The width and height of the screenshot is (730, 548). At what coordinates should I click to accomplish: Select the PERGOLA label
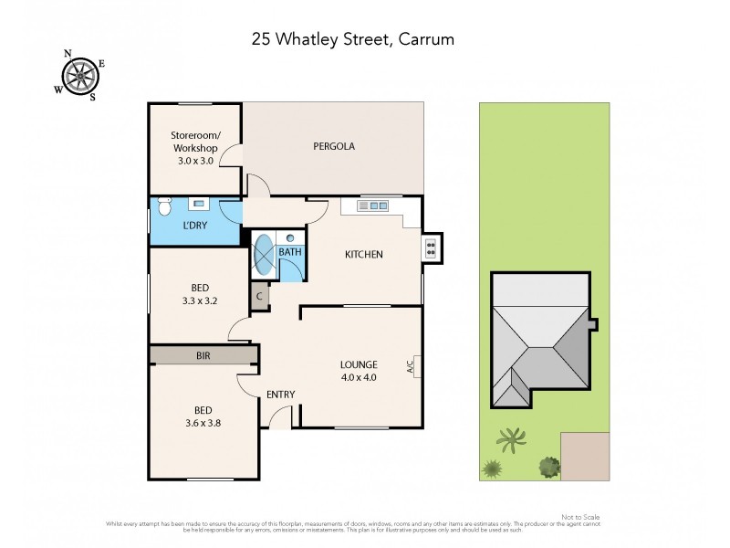333,146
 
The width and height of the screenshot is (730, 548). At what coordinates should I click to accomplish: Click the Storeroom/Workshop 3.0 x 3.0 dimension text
194,161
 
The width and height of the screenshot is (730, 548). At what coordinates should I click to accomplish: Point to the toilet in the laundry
165,205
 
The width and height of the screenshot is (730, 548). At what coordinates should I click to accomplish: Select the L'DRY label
193,225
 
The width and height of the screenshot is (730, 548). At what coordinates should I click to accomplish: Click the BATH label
290,251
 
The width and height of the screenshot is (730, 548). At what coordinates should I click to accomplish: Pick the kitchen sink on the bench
372,206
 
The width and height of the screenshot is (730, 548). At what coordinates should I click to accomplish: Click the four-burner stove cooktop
430,248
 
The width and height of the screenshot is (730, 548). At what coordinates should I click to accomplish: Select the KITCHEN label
362,255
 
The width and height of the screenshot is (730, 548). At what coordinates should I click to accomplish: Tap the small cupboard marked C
260,297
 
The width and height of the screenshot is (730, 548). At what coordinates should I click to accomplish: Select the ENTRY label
280,395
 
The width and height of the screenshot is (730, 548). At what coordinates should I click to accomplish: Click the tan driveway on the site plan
584,455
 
